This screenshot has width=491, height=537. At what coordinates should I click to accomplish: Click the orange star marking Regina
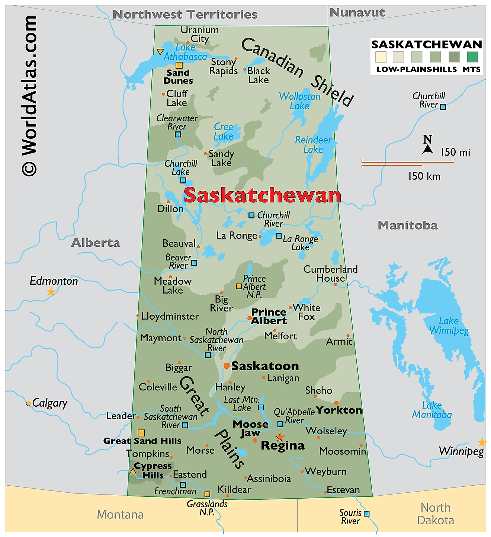click(280, 437)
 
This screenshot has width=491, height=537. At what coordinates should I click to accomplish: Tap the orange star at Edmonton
click(51, 292)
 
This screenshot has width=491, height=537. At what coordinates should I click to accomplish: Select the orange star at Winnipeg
click(482, 442)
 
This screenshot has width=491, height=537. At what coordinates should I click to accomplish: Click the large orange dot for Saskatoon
click(227, 366)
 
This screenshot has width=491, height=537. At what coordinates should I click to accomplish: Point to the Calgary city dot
click(28, 403)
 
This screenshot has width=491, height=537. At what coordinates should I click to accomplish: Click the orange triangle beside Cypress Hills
click(132, 472)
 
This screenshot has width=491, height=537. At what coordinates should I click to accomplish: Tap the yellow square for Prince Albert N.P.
click(239, 286)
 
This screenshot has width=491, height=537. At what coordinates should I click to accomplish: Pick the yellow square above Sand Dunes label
click(179, 65)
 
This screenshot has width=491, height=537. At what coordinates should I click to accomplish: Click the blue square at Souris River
click(366, 514)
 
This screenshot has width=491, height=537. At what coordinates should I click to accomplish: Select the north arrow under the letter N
click(428, 150)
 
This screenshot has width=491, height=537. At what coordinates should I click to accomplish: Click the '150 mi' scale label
click(455, 152)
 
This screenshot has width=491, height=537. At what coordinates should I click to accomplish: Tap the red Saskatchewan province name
click(262, 195)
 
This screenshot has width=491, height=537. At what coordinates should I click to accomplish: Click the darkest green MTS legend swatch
click(472, 57)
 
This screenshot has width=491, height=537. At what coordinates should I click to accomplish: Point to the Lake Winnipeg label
click(449, 326)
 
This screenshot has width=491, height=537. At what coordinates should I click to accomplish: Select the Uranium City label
click(200, 34)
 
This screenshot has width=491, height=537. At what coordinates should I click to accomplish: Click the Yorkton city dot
click(336, 403)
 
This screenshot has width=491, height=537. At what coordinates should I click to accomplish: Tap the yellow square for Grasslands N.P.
click(207, 494)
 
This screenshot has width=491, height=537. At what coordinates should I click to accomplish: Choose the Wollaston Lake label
click(299, 101)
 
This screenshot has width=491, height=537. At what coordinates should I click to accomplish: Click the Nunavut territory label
click(357, 13)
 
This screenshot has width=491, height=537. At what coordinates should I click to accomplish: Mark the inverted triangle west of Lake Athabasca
click(160, 52)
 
